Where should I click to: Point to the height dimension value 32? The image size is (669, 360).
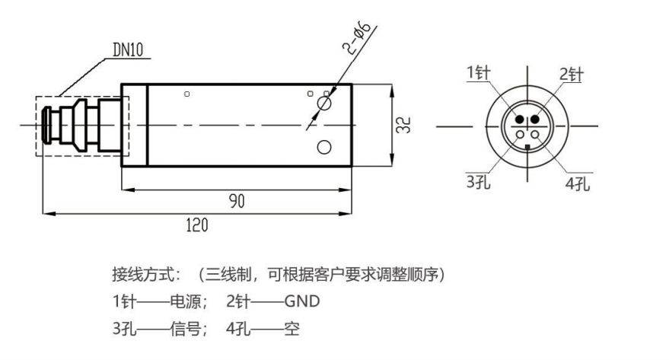(408, 126)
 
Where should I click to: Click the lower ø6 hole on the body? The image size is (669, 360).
(323, 147)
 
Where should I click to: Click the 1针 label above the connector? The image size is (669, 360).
(478, 72)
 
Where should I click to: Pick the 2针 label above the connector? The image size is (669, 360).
(572, 74)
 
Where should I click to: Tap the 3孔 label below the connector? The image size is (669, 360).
(477, 183)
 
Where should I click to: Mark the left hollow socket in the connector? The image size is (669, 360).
(520, 135)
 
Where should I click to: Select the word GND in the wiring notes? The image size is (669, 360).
(302, 302)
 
